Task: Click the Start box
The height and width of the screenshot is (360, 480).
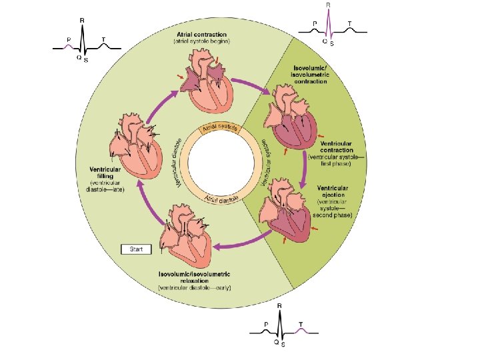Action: click(136, 249)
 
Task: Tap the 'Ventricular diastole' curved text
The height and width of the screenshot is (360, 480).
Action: click(178, 163)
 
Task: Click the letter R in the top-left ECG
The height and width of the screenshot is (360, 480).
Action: click(82, 20)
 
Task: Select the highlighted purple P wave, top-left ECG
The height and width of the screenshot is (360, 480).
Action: click(69, 47)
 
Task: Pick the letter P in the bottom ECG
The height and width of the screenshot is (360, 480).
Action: click(266, 323)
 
